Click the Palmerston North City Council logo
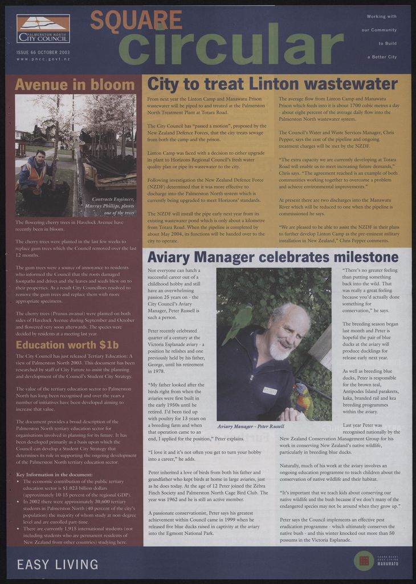click(43, 29)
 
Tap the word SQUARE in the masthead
click(136, 21)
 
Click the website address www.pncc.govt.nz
click(43, 59)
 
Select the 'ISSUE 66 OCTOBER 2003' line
click(43, 52)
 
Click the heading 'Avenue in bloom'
click(75, 85)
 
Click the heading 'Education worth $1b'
click(67, 345)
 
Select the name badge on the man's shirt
click(270, 391)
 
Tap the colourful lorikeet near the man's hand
click(303, 399)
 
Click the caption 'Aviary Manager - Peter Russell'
click(251, 426)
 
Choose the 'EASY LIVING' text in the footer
click(58, 565)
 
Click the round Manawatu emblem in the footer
click(364, 561)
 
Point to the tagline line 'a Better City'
click(382, 57)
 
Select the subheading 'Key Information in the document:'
click(55, 474)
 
